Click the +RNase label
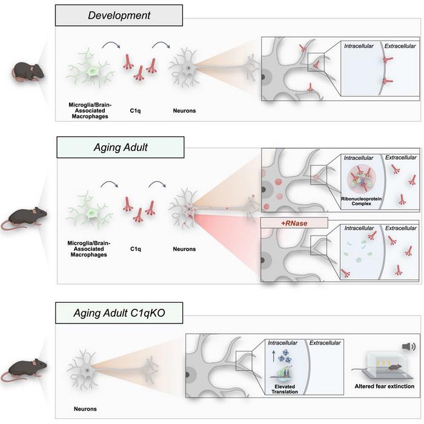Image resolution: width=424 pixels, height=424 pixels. click(x=293, y=222)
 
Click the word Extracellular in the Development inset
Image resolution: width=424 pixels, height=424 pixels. click(x=400, y=45)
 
